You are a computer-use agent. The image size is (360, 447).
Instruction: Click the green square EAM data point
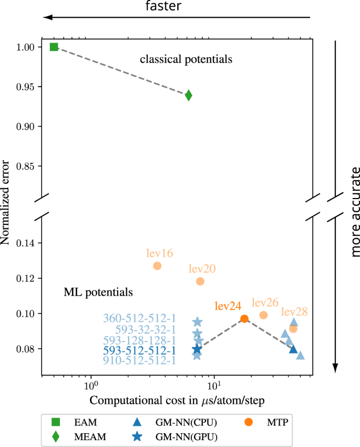54,47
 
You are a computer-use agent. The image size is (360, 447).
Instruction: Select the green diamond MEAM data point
189,95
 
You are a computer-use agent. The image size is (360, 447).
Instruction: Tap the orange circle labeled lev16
157,266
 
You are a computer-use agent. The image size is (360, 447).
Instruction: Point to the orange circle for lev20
200,281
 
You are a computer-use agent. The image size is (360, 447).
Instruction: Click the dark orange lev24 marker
244,319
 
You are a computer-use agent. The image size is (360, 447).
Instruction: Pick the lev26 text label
265,303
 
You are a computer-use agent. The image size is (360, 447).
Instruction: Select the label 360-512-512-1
139,318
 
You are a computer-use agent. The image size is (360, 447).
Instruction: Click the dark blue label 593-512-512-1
139,350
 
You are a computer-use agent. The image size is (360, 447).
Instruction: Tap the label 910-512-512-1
139,360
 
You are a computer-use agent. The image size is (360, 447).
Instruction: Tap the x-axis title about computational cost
177,400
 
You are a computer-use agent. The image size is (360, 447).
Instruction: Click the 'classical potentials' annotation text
186,59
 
